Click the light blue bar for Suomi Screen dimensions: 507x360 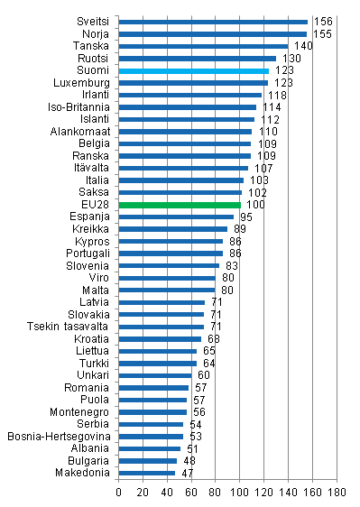coord(193,70)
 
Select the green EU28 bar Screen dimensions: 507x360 coord(179,205)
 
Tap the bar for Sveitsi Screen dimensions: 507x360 coord(213,22)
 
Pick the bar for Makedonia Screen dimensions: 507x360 coord(147,473)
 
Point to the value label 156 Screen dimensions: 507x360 coord(321,22)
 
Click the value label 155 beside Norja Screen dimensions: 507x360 coord(320,33)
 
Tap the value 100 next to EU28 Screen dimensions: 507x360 coord(254,205)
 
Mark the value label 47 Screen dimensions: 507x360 coord(187,473)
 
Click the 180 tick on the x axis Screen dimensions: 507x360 coord(337,493)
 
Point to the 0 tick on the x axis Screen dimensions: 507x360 coord(119,493)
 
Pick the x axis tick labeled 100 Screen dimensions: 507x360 coord(240,493)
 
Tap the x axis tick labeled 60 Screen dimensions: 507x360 coord(191,493)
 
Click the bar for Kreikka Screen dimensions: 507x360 coord(172,229)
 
